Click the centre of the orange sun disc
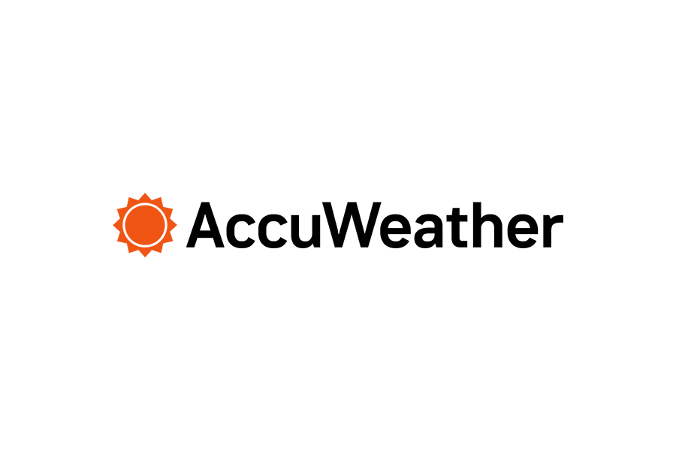[x=143, y=225]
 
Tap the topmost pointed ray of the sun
[x=143, y=196]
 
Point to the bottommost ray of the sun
[x=143, y=253]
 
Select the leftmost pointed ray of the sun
[x=116, y=225]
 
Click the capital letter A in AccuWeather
[x=207, y=224]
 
